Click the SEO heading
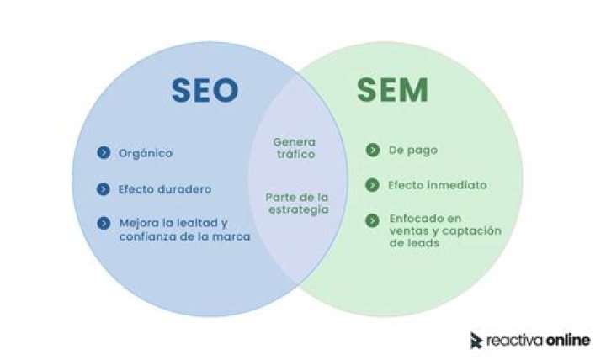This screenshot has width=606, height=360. (205, 90)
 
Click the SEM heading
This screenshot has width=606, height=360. (392, 90)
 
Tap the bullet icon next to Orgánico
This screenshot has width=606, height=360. (104, 152)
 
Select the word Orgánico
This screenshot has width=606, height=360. (146, 153)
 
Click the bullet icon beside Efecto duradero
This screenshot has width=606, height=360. (104, 189)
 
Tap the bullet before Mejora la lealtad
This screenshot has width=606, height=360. (104, 223)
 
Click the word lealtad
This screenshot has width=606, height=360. (197, 223)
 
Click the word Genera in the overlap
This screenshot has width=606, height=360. (294, 142)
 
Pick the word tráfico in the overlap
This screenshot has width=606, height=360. (295, 154)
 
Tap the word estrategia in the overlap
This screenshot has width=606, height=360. (298, 209)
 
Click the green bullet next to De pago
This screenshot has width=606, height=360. (373, 150)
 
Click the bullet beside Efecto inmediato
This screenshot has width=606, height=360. (372, 185)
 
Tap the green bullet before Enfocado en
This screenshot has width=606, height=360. (372, 220)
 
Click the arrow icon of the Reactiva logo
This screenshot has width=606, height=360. (476, 341)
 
